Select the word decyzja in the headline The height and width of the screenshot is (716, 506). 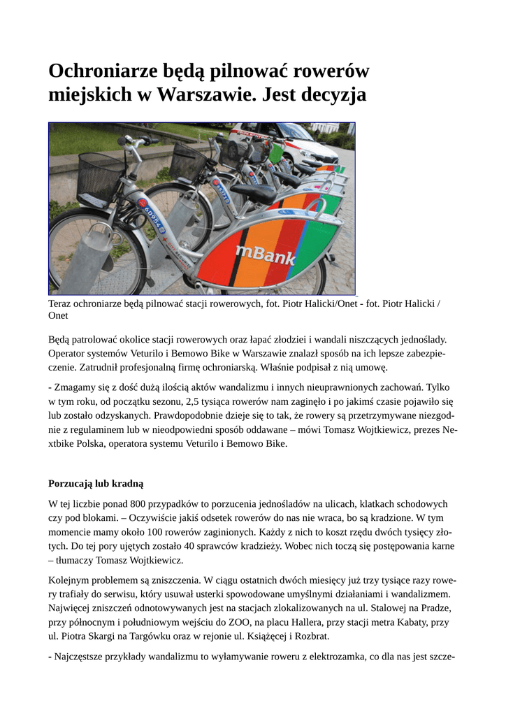coord(331,95)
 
